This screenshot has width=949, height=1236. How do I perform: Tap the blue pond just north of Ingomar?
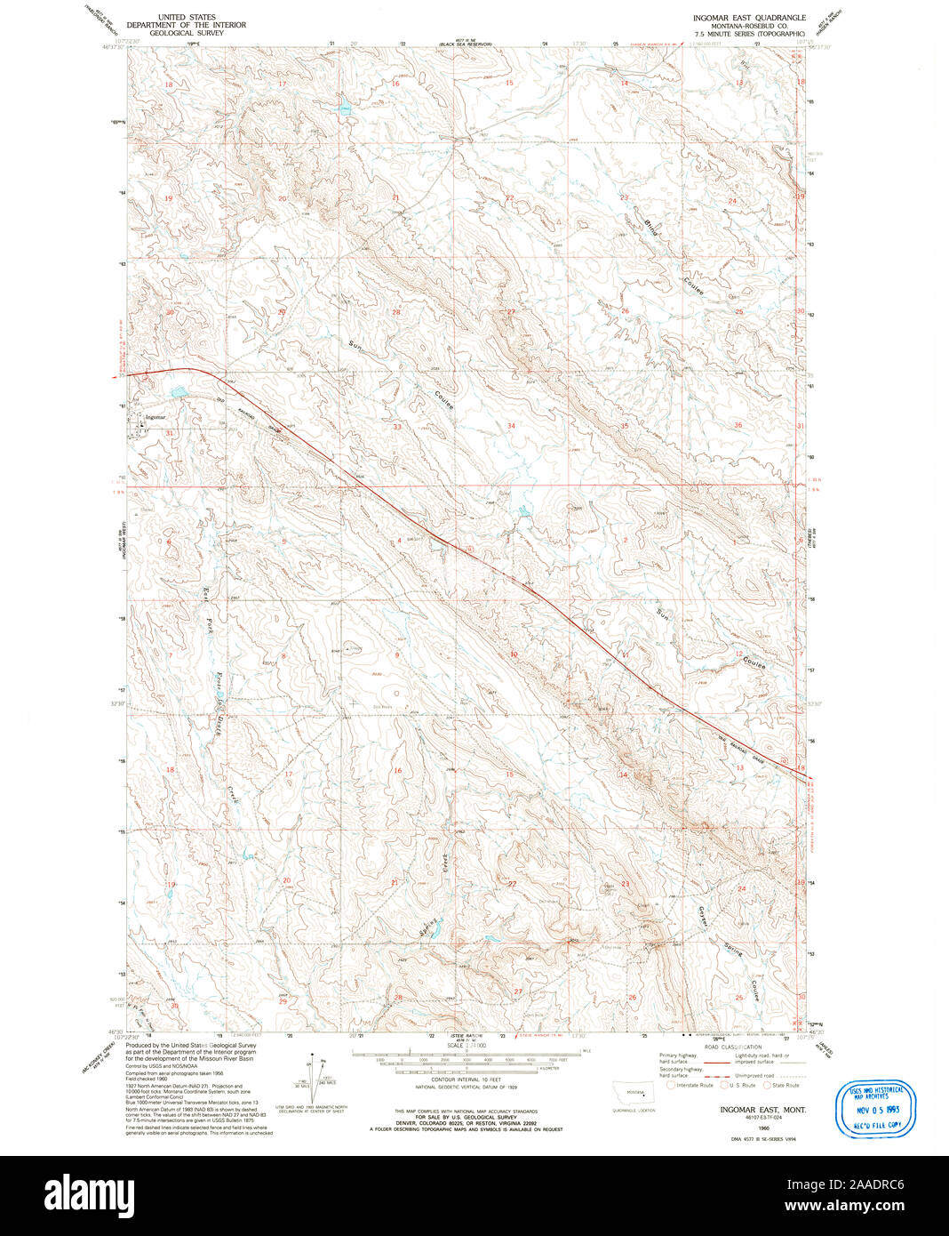click(179, 391)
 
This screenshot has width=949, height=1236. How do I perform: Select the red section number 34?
click(511, 426)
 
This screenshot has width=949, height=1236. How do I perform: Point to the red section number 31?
click(169, 433)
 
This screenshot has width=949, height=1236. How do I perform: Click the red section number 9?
click(396, 655)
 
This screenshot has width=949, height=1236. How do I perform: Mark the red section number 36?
click(738, 425)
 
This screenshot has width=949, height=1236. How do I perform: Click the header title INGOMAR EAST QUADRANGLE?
click(749, 17)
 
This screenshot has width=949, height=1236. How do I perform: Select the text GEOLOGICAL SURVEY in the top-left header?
click(186, 33)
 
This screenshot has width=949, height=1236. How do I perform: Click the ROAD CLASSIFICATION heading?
click(732, 1047)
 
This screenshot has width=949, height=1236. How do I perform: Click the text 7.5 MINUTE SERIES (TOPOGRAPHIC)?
click(749, 33)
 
